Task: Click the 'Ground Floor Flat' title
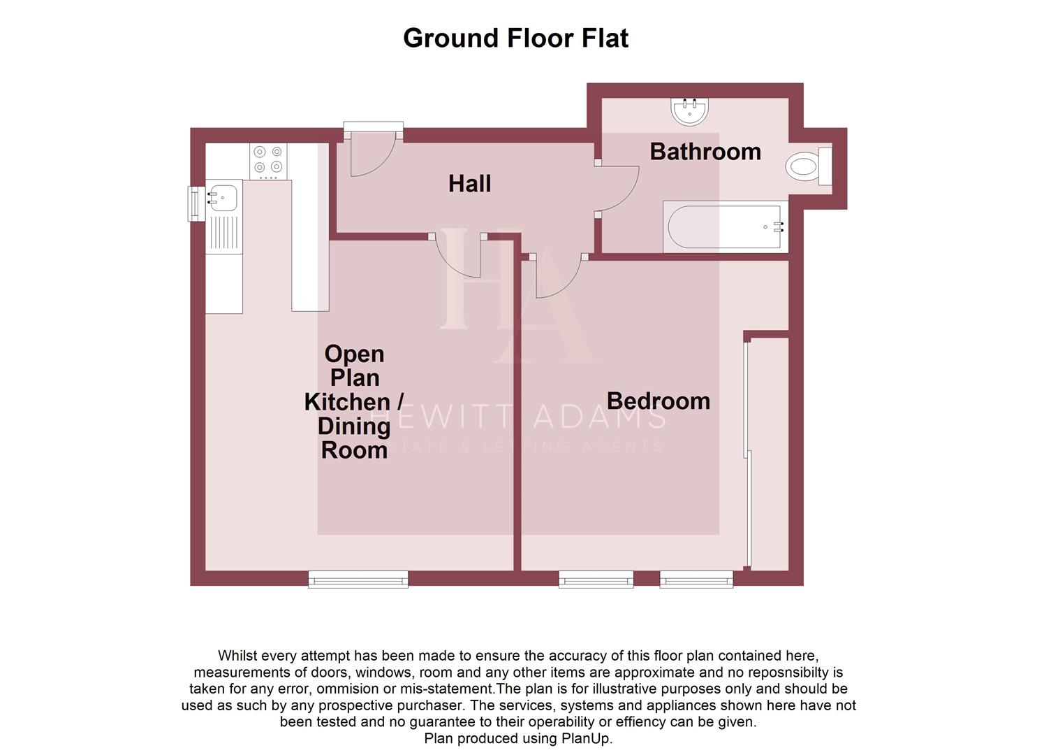tap(515, 38)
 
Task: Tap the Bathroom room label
tap(705, 152)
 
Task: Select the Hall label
tap(469, 184)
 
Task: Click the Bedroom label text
tap(658, 401)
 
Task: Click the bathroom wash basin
tap(689, 110)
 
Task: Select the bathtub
tap(725, 227)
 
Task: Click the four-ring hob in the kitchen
tap(269, 159)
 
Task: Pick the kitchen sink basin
tap(222, 196)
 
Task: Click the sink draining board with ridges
tap(223, 233)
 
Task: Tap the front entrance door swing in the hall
tap(370, 155)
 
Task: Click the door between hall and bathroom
tap(618, 188)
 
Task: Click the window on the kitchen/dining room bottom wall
tap(358, 578)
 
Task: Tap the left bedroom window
tap(596, 578)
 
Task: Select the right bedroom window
tap(696, 578)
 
